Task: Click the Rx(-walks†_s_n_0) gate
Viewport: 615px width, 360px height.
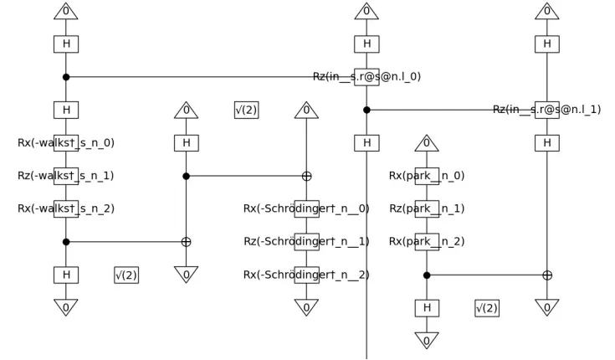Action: [x=66, y=142]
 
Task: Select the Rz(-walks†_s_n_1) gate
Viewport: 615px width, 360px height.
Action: [x=66, y=176]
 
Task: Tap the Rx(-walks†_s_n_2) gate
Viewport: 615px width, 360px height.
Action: [x=66, y=208]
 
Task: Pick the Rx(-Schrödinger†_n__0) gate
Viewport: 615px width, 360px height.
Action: [x=306, y=208]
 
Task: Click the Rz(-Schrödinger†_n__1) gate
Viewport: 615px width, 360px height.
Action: [x=306, y=242]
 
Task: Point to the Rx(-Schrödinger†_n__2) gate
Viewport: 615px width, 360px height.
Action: [x=306, y=275]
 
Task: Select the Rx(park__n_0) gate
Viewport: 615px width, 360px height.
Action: [x=427, y=176]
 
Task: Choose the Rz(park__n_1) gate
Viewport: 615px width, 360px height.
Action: [x=427, y=208]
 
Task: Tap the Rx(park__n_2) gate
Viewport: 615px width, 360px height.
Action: [x=427, y=242]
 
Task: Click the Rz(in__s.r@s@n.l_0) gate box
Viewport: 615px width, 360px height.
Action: [x=366, y=77]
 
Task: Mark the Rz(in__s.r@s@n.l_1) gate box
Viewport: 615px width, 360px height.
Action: [x=546, y=110]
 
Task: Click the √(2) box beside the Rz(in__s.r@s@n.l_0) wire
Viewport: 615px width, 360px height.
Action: [x=246, y=110]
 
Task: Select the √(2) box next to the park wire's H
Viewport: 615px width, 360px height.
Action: [x=486, y=308]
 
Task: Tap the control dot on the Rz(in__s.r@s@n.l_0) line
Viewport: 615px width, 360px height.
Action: [x=66, y=77]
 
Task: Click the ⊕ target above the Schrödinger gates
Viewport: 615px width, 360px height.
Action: [x=306, y=176]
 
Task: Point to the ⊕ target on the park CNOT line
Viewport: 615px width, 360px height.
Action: [x=546, y=275]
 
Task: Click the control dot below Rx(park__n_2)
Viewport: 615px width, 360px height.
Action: [x=427, y=275]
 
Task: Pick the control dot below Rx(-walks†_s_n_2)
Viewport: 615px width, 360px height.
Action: [x=66, y=242]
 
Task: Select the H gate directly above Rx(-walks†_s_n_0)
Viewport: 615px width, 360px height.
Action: [x=66, y=110]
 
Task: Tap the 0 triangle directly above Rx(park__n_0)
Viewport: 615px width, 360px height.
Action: [x=427, y=144]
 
